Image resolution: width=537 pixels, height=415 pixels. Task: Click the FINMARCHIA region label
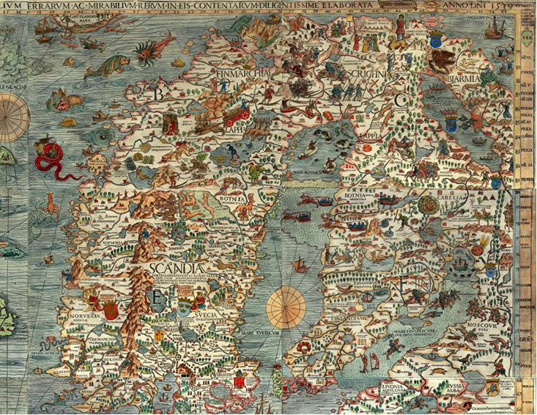(x=245, y=73)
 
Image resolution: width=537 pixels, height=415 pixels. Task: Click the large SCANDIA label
(x=180, y=270)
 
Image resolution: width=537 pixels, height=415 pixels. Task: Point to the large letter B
(x=156, y=94)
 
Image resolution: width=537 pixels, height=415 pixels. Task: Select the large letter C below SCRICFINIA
(x=400, y=100)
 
